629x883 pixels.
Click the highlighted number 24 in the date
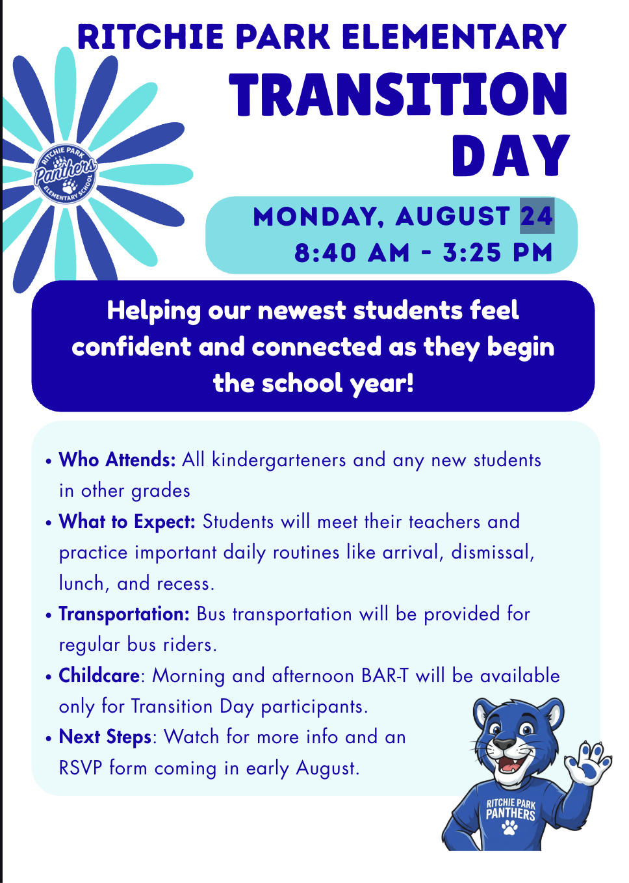(x=537, y=216)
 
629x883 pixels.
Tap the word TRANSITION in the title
(x=398, y=95)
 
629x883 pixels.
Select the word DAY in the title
(x=511, y=155)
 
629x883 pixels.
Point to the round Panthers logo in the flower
(x=66, y=174)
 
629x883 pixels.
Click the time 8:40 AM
(x=352, y=252)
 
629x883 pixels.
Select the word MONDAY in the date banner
(x=318, y=217)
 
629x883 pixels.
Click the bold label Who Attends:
(x=117, y=460)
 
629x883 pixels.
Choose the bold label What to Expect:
(x=127, y=521)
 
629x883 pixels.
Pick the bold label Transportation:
(x=124, y=614)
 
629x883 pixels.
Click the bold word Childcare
(x=99, y=676)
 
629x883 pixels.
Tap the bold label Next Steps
(x=105, y=737)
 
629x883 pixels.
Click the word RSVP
(x=81, y=768)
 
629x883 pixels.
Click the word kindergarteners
(x=279, y=460)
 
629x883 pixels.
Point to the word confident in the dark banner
(x=131, y=347)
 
